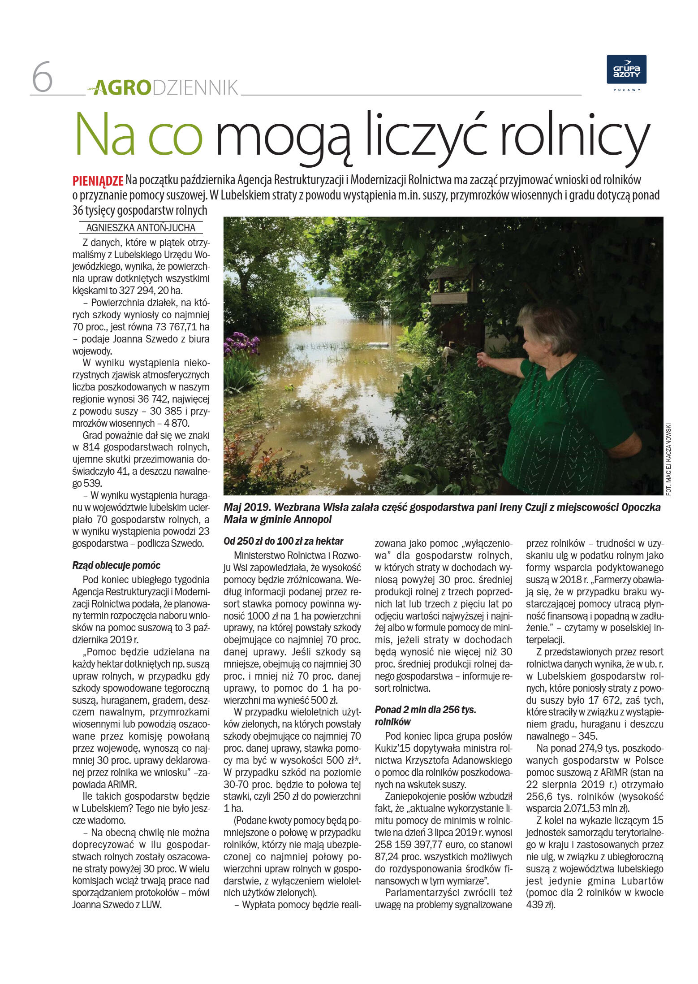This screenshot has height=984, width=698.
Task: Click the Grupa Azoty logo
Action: point(626,69)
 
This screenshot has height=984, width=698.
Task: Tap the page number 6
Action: point(42,78)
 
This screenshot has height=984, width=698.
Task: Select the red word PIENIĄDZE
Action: point(98,181)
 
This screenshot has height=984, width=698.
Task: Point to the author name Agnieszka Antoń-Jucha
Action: point(141,228)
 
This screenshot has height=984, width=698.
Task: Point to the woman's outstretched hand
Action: point(483,359)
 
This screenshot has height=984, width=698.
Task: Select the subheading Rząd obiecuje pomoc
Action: point(116,565)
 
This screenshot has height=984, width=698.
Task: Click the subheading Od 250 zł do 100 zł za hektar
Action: point(283,541)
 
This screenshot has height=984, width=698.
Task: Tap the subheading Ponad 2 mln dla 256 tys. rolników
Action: point(425,715)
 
